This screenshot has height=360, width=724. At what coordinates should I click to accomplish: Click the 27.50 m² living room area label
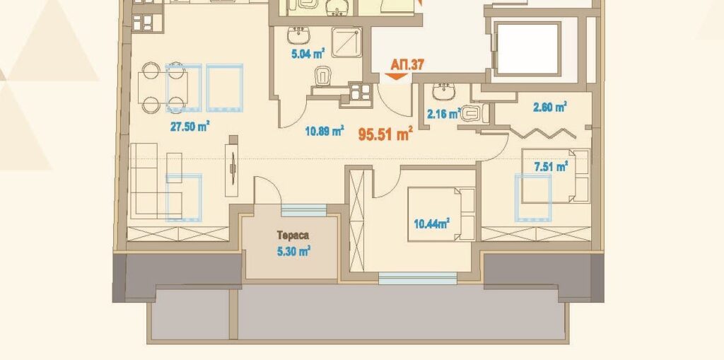click(190, 126)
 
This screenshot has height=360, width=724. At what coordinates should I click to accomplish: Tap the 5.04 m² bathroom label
click(307, 54)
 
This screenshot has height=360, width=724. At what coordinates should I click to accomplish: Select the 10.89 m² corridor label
click(324, 132)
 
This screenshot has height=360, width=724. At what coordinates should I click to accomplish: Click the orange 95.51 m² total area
click(385, 134)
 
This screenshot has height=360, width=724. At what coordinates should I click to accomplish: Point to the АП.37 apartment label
click(407, 64)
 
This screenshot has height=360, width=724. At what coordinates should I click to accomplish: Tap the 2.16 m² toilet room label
click(444, 114)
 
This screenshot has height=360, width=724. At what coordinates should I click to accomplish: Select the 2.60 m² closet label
click(550, 108)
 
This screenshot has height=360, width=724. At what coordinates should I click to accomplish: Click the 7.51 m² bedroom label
click(551, 167)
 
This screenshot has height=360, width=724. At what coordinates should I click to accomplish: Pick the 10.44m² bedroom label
click(432, 225)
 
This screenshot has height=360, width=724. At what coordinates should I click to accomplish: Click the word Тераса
click(293, 236)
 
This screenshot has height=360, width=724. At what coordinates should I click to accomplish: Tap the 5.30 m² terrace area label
click(293, 252)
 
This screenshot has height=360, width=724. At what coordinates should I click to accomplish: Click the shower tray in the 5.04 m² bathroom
click(346, 42)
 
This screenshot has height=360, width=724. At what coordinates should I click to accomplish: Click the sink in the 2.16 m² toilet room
click(444, 91)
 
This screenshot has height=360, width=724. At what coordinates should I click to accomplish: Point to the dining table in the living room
click(163, 88)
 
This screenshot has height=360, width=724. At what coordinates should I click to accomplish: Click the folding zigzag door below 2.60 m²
click(542, 133)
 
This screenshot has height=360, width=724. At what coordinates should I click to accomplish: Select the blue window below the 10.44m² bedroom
click(417, 278)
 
